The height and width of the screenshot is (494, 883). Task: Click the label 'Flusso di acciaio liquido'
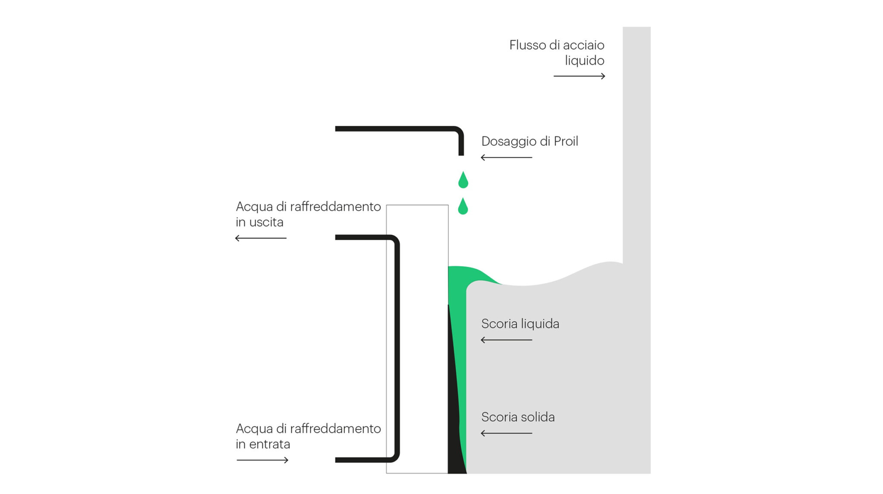point(557,53)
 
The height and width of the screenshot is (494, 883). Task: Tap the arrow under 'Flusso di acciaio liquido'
point(579,76)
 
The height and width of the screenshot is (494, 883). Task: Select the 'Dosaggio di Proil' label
point(529,141)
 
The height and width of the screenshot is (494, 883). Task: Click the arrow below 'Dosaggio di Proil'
point(507,158)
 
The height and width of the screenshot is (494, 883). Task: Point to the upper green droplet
point(463,180)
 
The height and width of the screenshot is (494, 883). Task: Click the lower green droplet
point(463,206)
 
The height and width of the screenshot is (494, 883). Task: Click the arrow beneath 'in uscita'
point(261,238)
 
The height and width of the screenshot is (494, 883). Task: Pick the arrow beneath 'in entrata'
point(263,460)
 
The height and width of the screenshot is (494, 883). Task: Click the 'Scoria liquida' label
point(520,324)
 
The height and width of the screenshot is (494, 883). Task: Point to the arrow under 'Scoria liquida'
point(507,340)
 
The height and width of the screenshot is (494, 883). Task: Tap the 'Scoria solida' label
point(518,417)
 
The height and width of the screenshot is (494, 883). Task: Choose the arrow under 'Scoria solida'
point(507,433)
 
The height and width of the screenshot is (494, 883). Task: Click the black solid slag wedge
point(454,431)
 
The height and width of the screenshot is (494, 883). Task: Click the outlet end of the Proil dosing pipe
point(461,152)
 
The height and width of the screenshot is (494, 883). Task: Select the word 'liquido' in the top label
point(585,61)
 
